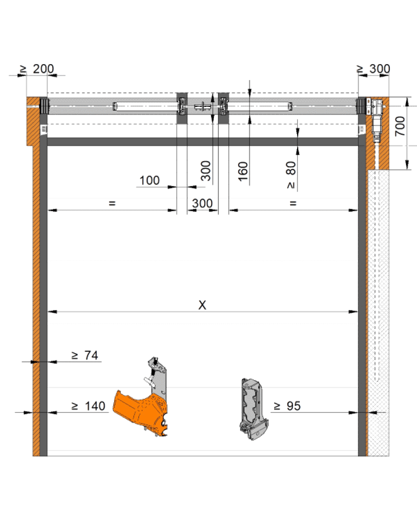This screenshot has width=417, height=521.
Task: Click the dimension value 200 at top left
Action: [x=43, y=69]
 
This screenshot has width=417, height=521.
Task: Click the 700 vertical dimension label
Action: [x=400, y=126]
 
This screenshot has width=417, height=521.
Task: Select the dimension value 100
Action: [x=149, y=180]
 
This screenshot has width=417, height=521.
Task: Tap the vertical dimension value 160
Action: [x=243, y=171]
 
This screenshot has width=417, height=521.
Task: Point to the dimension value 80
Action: [x=291, y=168]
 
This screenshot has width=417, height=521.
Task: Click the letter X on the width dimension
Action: [x=202, y=305]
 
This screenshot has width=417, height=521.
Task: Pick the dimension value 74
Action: [x=91, y=355]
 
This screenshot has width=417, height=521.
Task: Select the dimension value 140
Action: [x=95, y=406]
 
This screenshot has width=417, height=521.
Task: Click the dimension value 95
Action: [x=293, y=406]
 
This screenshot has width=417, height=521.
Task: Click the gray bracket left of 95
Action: [x=254, y=409]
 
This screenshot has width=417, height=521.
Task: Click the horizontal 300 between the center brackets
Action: [x=202, y=203]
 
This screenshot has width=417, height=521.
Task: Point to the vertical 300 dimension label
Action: [x=206, y=171]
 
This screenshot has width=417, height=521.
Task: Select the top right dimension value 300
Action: [x=380, y=69]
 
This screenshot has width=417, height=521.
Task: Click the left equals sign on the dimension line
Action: [x=112, y=203]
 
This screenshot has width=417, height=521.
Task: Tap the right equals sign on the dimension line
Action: [x=293, y=203]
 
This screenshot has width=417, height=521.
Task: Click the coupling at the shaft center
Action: [x=203, y=107]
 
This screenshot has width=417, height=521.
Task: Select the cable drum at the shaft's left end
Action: [x=44, y=106]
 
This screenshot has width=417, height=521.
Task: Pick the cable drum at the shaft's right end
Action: [x=362, y=106]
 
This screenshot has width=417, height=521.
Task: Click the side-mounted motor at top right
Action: [x=376, y=120]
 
